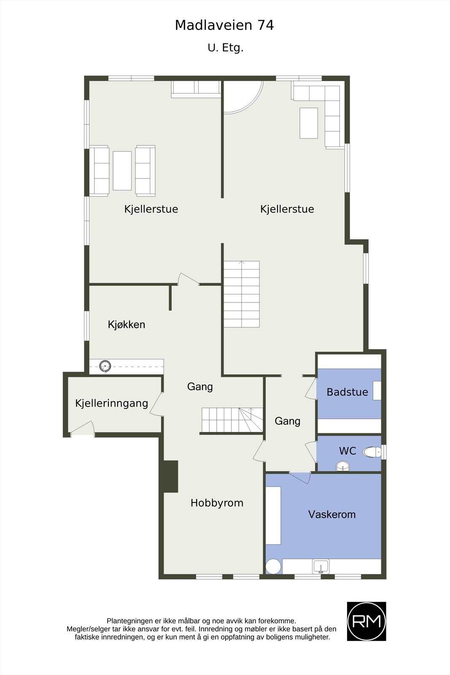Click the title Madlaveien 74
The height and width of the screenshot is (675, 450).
[224, 26]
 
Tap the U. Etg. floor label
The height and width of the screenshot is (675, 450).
[226, 48]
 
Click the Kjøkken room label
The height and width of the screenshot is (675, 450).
[127, 324]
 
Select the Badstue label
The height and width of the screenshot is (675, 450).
[347, 392]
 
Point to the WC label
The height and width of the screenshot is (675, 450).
[348, 451]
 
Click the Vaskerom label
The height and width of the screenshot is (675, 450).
[331, 514]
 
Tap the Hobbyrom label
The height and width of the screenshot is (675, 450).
[217, 503]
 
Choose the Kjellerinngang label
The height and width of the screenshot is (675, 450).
[112, 403]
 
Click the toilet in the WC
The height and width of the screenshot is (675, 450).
[372, 452]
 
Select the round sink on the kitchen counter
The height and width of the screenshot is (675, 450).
[105, 366]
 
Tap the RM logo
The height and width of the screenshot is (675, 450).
[366, 621]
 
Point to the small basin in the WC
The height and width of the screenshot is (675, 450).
[342, 466]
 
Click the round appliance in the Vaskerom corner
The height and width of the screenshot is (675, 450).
[273, 566]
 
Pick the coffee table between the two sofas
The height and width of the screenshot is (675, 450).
[122, 171]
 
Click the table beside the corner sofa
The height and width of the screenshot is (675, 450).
[309, 123]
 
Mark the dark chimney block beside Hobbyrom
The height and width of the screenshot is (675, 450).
[170, 476]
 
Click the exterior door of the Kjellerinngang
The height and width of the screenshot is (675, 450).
[83, 429]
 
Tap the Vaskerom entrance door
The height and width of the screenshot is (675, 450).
[300, 477]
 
